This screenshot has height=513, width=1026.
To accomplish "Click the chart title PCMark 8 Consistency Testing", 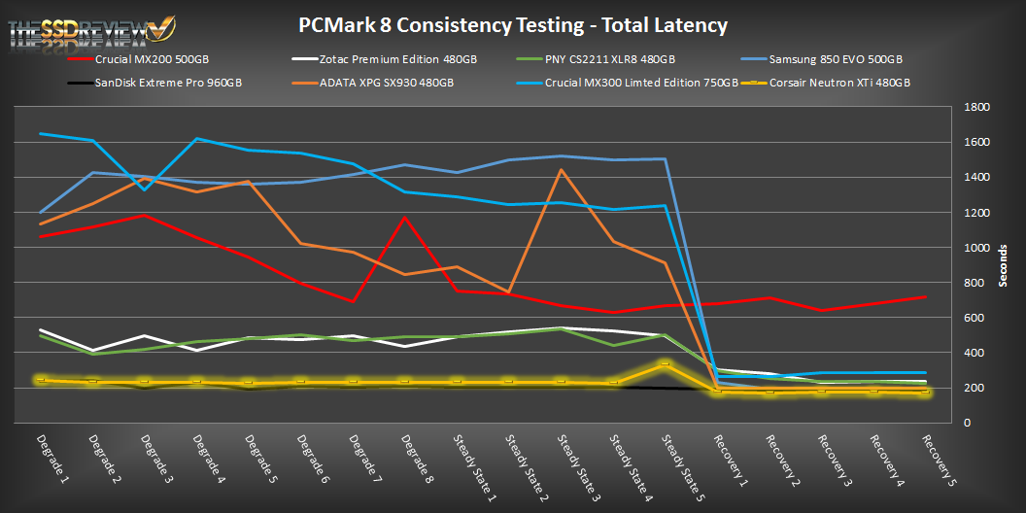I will [x=513, y=24].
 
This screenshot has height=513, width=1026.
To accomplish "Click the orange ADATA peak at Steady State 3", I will [x=562, y=170].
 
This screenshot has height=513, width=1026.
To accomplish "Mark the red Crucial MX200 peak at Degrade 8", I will [x=404, y=217].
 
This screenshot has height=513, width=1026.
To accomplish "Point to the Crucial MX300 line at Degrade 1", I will [x=40, y=133].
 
